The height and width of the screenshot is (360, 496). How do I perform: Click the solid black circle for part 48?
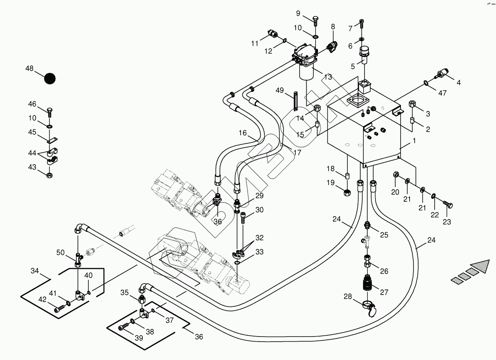pyautogui.click(x=50, y=79)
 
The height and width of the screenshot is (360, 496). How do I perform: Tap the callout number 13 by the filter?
pyautogui.click(x=328, y=77)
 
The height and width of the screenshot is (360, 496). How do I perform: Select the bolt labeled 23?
pyautogui.click(x=448, y=205)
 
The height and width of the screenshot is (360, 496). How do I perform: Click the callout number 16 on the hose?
pyautogui.click(x=243, y=133)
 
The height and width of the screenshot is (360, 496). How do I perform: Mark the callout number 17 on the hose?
pyautogui.click(x=297, y=152)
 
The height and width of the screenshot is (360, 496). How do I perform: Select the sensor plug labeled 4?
pyautogui.click(x=443, y=74)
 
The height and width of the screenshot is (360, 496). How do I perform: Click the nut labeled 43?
pyautogui.click(x=50, y=174)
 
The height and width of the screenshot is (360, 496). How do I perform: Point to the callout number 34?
pyautogui.click(x=35, y=270)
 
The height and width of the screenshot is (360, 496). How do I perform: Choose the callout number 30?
pyautogui.click(x=259, y=210)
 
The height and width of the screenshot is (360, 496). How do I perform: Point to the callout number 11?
pyautogui.click(x=255, y=43)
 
